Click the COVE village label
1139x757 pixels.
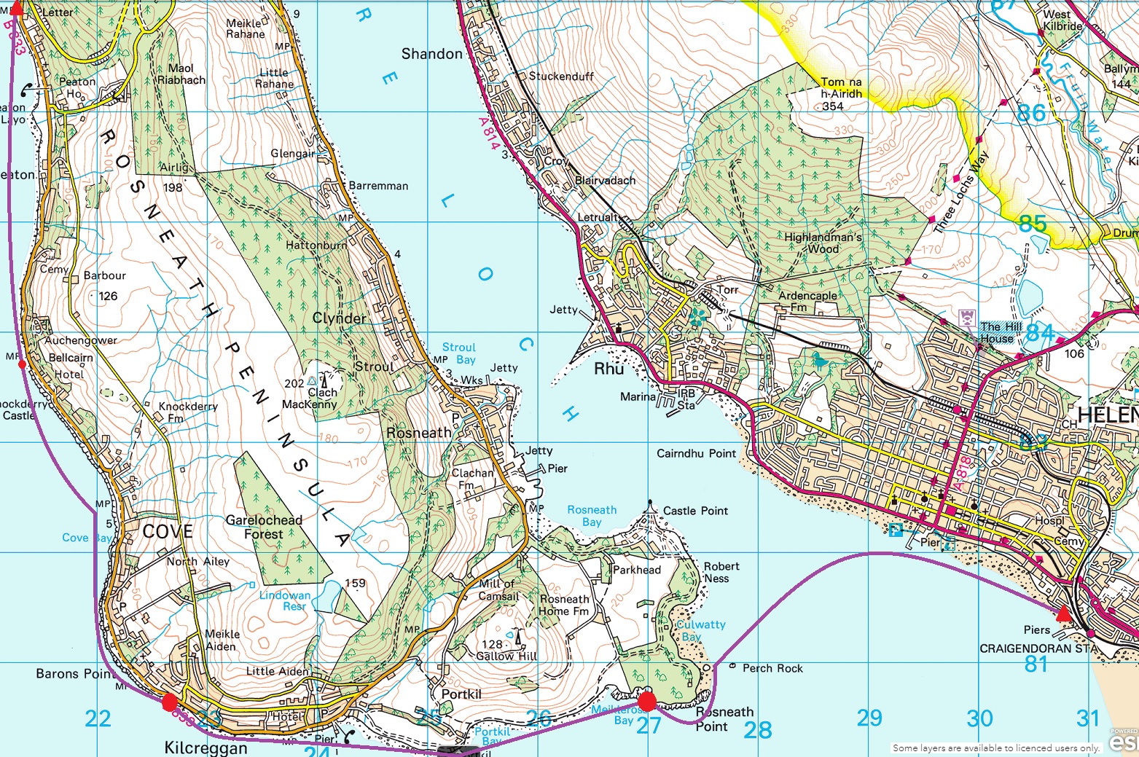point(168,531)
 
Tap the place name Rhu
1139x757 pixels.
point(608,369)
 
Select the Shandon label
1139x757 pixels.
point(431,54)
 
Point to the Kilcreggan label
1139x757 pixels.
point(206,748)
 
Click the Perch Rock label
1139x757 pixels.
point(772,668)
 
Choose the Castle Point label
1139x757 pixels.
point(695,511)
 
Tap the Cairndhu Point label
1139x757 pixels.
point(696,453)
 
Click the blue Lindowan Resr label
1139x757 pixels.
point(284,600)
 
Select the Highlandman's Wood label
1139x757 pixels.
point(823,243)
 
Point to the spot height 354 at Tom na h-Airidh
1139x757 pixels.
point(832,106)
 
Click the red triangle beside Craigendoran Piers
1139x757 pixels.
point(1064,613)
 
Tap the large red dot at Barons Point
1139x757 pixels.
point(169,702)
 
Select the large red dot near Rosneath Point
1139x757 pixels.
point(647,701)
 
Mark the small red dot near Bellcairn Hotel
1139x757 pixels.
point(22,364)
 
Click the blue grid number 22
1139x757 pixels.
point(98,718)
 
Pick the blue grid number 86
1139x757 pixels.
point(1030,113)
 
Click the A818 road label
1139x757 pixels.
point(963,473)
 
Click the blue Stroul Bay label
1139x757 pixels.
point(459,353)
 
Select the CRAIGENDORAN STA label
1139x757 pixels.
point(1038,648)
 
